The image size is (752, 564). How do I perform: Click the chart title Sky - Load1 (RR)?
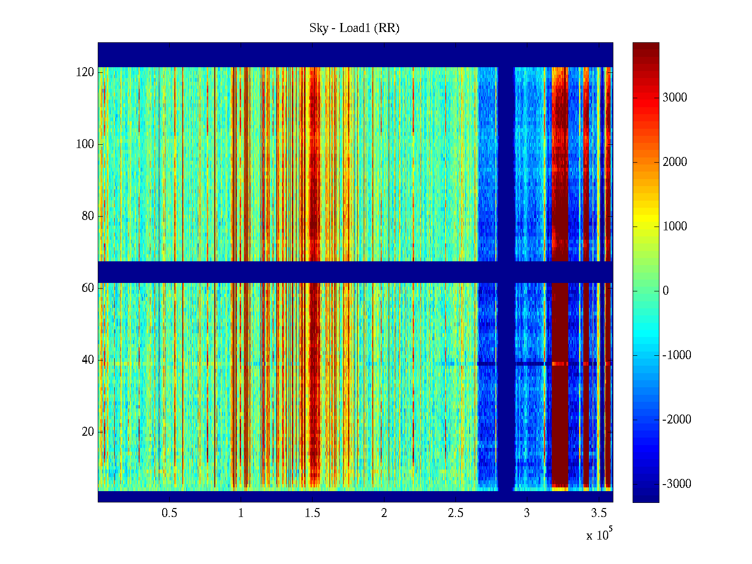[x=354, y=28]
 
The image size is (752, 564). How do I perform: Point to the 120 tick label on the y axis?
[x=85, y=72]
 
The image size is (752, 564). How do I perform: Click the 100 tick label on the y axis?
[x=85, y=144]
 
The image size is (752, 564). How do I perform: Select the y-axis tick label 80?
[x=88, y=216]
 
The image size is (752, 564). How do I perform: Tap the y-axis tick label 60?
[x=88, y=288]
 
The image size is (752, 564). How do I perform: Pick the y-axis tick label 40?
[x=88, y=360]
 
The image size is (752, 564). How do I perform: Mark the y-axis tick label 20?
[x=88, y=432]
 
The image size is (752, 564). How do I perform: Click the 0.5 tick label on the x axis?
[x=169, y=513]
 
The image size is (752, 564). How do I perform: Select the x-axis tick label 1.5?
[x=313, y=513]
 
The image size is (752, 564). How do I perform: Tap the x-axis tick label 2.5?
[x=455, y=513]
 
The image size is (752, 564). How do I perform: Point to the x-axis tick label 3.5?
[x=599, y=513]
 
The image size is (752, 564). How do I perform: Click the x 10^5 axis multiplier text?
[x=599, y=535]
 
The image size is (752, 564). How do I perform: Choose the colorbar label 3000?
[x=675, y=98]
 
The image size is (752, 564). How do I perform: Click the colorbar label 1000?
[x=675, y=227]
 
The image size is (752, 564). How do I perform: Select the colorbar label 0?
[x=666, y=291]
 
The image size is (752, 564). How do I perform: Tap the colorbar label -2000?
[x=677, y=420]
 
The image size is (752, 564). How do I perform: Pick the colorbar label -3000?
[x=677, y=484]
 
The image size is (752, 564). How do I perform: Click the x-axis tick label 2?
[x=384, y=513]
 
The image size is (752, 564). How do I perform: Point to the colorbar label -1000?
[x=677, y=355]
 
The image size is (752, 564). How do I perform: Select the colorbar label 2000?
[x=675, y=162]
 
